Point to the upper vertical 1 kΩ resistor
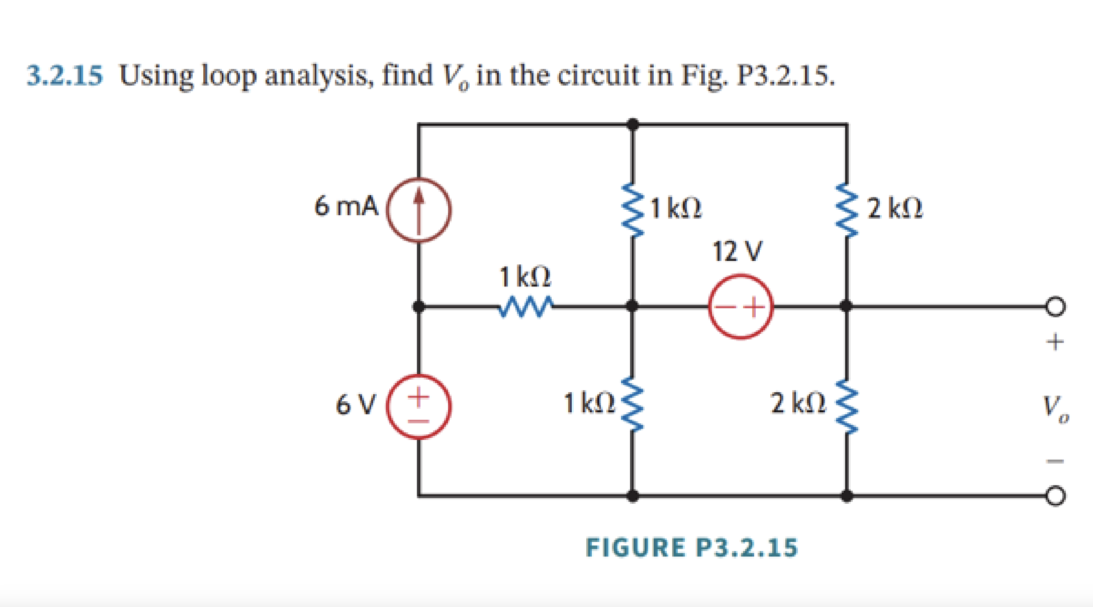click(633, 210)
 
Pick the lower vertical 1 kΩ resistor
click(633, 404)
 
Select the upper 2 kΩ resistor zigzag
click(846, 210)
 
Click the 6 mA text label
click(346, 206)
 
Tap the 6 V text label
click(355, 404)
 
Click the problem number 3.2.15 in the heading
click(65, 76)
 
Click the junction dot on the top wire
click(633, 125)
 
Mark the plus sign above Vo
click(1055, 341)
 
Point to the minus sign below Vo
click(1055, 460)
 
